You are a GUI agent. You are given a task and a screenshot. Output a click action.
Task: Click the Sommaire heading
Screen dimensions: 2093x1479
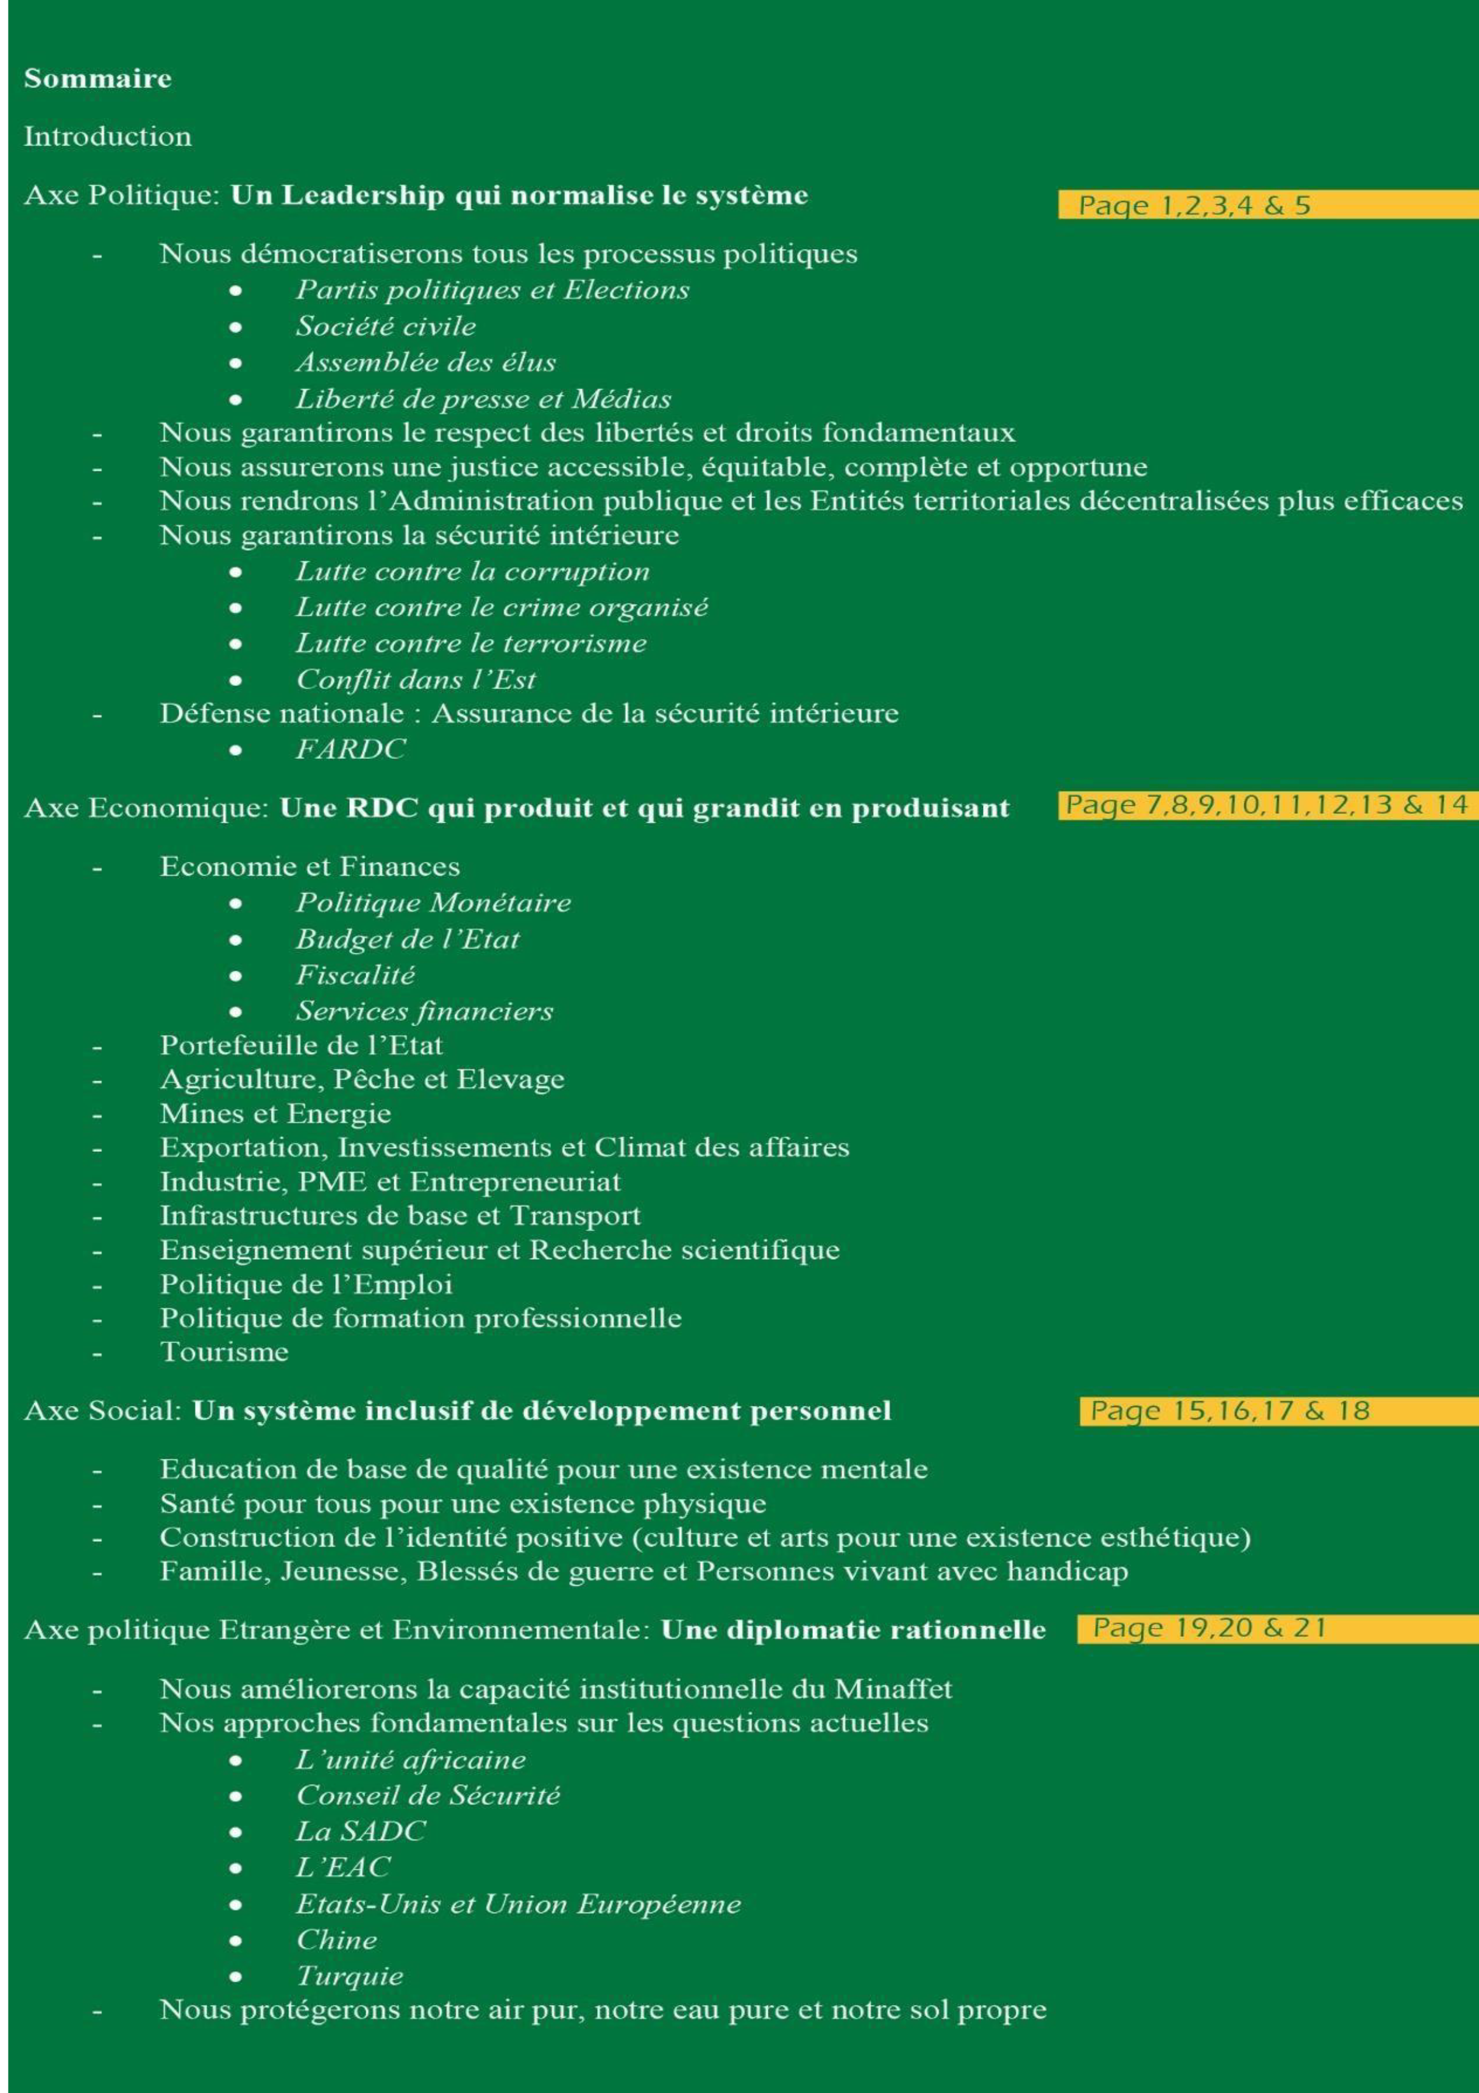[x=98, y=79]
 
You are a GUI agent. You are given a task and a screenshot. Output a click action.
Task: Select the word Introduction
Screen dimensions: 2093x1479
[x=108, y=136]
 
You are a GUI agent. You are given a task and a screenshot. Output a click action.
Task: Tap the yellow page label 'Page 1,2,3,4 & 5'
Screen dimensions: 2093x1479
[x=1194, y=205]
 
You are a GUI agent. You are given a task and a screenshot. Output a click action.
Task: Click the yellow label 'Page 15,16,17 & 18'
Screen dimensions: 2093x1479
[x=1230, y=1411]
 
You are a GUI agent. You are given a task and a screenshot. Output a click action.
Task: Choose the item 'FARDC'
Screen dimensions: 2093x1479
[x=351, y=749]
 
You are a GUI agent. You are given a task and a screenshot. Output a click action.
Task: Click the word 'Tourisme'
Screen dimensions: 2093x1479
[x=224, y=1352]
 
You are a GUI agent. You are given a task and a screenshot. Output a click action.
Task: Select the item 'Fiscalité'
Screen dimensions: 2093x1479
[x=355, y=975]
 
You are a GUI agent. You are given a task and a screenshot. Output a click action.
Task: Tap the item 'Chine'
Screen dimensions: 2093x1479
[x=336, y=1940]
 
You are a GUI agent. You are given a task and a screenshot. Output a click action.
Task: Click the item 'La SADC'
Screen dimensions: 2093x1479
[x=360, y=1831]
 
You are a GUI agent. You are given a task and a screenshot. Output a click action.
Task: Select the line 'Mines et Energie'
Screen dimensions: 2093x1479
[x=275, y=1114]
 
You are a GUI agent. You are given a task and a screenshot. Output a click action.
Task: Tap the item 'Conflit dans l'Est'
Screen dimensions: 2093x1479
[x=416, y=680]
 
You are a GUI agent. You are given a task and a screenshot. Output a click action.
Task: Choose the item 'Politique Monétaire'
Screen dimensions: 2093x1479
[x=433, y=903]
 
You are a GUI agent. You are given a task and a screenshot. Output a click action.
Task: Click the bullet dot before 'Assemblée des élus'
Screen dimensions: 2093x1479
[x=236, y=363]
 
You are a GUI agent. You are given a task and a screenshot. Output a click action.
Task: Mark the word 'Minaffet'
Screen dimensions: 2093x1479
[x=893, y=1689]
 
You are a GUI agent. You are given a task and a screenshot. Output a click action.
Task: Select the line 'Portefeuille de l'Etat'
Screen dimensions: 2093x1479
[x=301, y=1046]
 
